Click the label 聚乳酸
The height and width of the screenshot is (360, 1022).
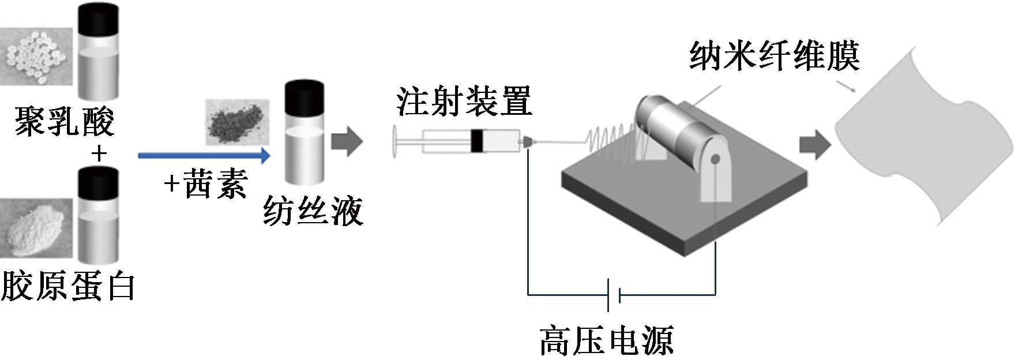tap(65, 121)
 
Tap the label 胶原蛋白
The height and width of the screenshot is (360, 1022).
tap(67, 286)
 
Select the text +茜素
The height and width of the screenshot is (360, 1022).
tap(206, 185)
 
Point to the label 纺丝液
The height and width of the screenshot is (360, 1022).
tap(313, 211)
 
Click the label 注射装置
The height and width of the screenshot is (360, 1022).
tap(464, 102)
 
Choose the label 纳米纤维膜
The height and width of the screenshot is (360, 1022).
tap(774, 56)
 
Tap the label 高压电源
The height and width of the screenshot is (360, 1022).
tap(606, 340)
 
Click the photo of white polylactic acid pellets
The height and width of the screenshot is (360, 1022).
tap(36, 56)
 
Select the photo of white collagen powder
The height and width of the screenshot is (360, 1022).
tap(36, 229)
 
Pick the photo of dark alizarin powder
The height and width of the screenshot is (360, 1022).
tap(237, 122)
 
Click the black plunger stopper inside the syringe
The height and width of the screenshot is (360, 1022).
tap(478, 141)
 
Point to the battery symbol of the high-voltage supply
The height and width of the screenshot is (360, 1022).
tap(614, 295)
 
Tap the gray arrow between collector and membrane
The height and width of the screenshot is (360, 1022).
tap(814, 144)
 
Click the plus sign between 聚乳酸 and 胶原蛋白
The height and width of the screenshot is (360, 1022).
tap(99, 153)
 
